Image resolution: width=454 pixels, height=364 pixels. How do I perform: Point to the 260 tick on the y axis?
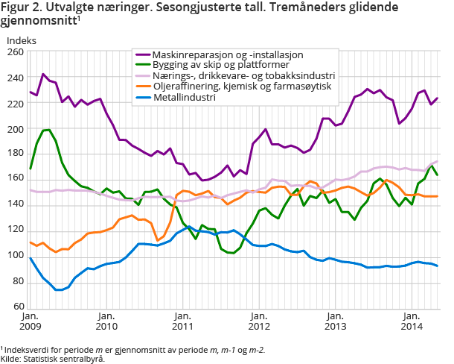pos(15,52)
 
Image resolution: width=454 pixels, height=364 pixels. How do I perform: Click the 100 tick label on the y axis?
pos(15,257)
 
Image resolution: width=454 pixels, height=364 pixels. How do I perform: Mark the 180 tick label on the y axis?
pos(15,154)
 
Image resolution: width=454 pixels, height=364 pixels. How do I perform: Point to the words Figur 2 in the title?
pos(23,7)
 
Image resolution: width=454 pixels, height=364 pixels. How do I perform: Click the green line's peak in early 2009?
pos(48,130)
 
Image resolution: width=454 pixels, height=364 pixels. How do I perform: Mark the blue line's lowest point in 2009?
pos(58,289)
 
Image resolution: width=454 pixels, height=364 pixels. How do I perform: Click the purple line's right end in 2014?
pos(438,98)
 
